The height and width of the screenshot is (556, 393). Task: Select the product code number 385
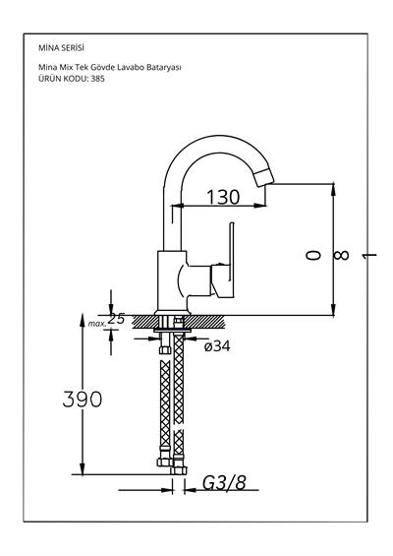coord(96,78)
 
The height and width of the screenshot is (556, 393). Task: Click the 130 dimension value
coord(223,197)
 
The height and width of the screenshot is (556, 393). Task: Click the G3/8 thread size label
coord(225,483)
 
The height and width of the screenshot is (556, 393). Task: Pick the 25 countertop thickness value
coord(117,319)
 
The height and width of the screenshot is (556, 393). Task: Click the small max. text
coord(95,322)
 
